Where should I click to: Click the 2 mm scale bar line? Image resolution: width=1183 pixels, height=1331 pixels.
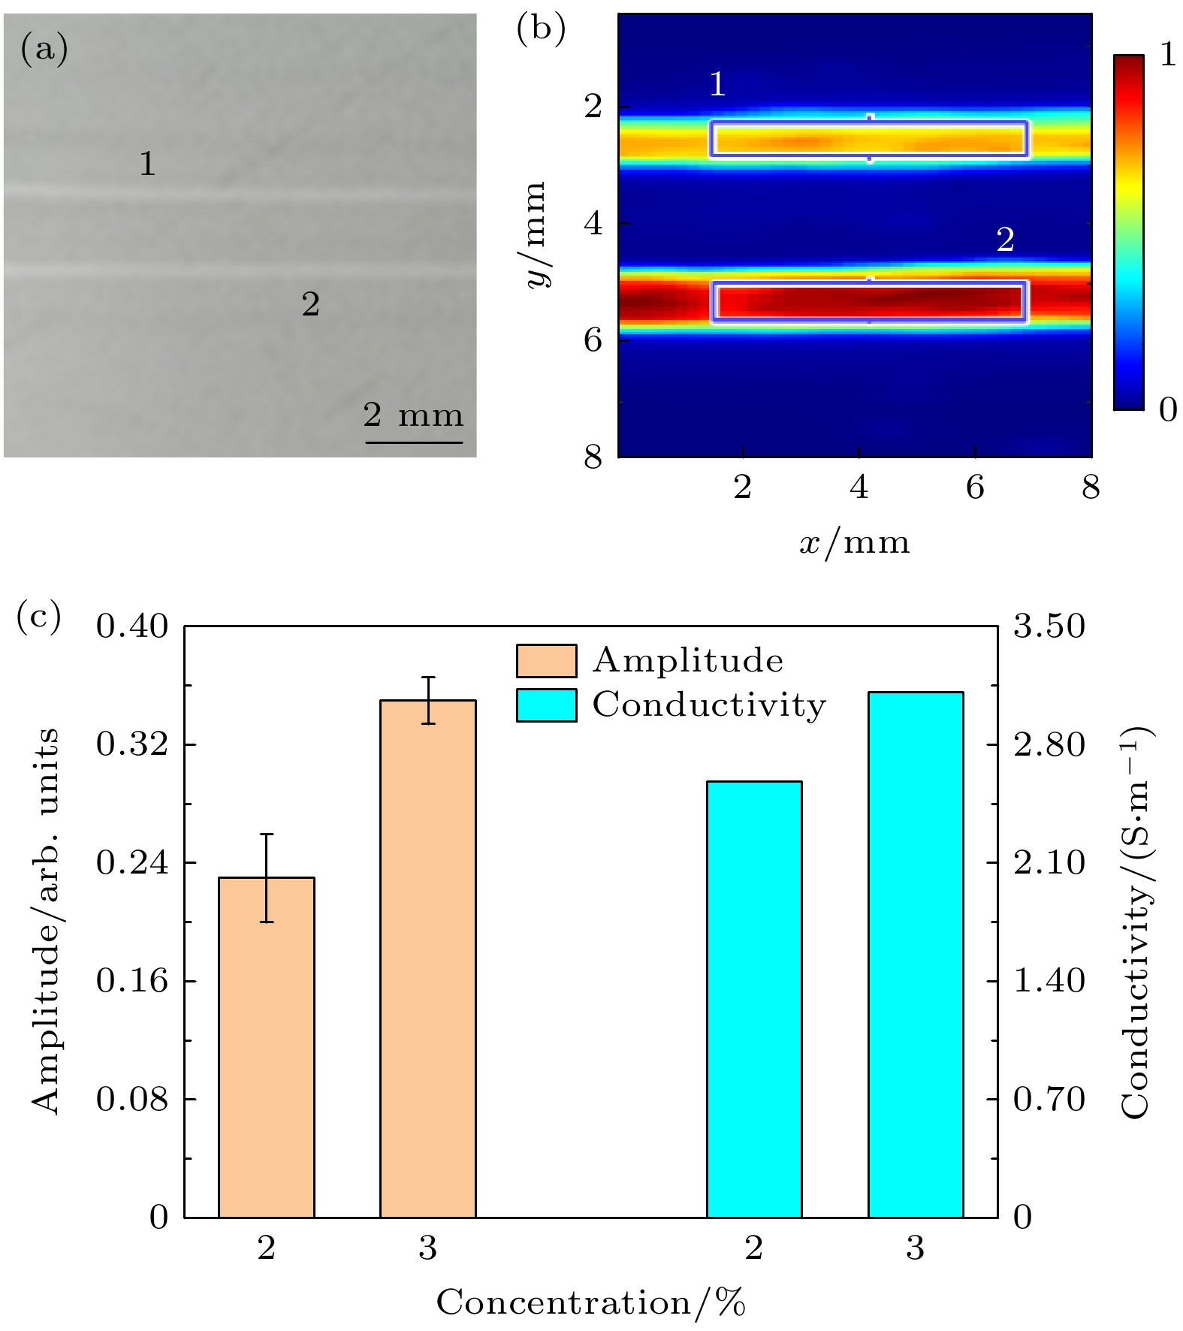pos(414,442)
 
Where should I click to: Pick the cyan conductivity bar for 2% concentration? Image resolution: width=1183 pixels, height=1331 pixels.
pos(754,998)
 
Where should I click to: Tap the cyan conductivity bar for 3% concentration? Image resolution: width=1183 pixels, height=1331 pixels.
pos(916,954)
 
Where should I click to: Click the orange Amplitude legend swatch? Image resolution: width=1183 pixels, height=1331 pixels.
pos(546,661)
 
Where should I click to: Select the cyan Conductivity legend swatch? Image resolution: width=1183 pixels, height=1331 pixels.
pos(546,705)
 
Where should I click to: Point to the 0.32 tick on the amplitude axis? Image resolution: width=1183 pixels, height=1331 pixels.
pos(132,744)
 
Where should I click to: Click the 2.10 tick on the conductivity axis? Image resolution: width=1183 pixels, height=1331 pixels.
pos(1049,863)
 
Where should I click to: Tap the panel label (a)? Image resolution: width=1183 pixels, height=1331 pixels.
pos(44,50)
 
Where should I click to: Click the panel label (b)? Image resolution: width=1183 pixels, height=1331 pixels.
pos(541,30)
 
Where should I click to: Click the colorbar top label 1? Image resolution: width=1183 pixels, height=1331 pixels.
pos(1167,55)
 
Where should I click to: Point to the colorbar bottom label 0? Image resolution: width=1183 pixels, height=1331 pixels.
pos(1167,410)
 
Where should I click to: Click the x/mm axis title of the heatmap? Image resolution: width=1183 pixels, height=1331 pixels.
pos(854,542)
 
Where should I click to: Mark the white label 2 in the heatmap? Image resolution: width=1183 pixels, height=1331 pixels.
pos(1005,240)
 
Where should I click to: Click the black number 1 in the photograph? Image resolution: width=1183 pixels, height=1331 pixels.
pos(147,164)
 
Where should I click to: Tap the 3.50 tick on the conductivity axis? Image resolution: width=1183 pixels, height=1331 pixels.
pos(1049,626)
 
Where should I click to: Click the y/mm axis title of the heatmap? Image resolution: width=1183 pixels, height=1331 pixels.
pos(536,234)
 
